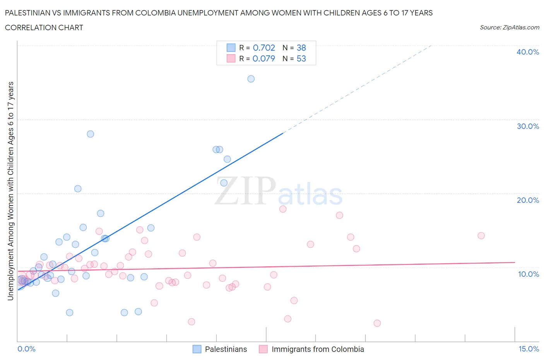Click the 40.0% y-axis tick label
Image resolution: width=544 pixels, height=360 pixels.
coord(527,52)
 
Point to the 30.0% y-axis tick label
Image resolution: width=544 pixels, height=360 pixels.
coord(527,126)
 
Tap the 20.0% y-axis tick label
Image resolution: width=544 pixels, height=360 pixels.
coord(527,200)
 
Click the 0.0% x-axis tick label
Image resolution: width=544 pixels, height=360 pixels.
coord(26,349)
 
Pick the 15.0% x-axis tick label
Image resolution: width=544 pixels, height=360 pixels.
coord(529,349)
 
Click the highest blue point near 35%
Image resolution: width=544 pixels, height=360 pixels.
coord(251,79)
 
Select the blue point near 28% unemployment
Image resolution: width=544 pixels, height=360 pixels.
coord(90,134)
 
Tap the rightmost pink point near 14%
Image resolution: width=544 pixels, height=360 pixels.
coord(481,236)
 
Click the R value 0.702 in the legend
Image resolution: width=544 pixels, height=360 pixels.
coord(263,48)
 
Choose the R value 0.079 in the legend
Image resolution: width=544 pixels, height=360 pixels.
coord(263,58)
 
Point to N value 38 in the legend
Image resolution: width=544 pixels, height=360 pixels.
coord(301,48)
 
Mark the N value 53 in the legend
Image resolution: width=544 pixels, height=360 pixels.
coord(301,58)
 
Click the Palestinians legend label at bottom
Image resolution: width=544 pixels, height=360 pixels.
coord(226,349)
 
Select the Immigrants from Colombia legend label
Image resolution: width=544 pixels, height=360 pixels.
coord(318,349)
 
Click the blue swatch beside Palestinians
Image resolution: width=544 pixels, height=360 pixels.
coord(197,349)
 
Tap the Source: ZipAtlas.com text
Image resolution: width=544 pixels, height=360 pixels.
coord(509,27)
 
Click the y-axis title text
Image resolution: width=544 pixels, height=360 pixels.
coord(10,191)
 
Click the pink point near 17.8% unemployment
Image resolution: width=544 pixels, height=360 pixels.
coord(283,209)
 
